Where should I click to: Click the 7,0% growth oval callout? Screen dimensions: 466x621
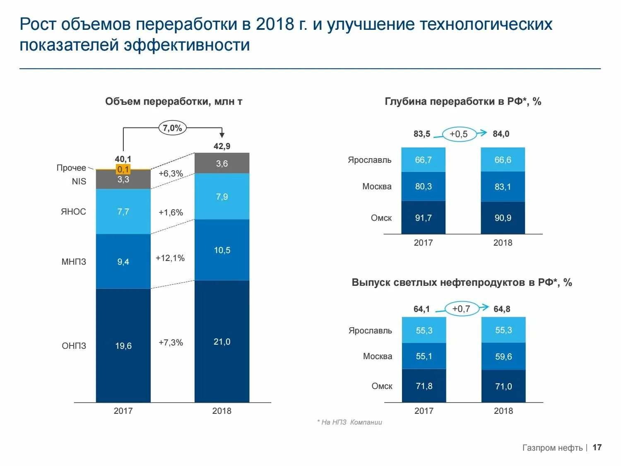pos(172,128)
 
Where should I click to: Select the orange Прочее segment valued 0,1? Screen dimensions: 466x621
pos(123,169)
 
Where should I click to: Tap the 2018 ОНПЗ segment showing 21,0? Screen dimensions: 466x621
pos(222,342)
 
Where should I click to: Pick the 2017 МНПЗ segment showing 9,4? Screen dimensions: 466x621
pos(123,261)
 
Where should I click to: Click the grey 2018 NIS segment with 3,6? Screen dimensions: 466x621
pos(222,163)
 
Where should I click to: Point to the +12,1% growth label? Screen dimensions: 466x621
pos(170,258)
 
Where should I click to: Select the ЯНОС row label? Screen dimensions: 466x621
pos(73,212)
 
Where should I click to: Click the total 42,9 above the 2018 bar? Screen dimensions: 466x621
pos(222,146)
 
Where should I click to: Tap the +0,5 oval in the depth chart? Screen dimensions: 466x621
pos(459,134)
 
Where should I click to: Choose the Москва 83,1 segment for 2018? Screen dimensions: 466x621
pos(503,187)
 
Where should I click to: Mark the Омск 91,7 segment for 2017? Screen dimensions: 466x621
pos(423,218)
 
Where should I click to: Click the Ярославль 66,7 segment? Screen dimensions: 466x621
pos(423,160)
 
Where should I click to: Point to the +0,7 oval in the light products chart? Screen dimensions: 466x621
pos(461,309)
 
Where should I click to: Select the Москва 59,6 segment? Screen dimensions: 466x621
pos(503,357)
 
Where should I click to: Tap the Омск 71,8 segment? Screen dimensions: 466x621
pos(424,386)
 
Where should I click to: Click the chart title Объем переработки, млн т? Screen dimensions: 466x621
pos(173,101)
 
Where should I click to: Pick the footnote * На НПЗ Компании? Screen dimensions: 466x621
pos(349,422)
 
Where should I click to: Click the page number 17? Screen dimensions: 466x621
pos(597,447)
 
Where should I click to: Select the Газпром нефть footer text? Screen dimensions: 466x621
pos(552,448)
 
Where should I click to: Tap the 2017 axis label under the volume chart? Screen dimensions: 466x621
pos(123,411)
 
